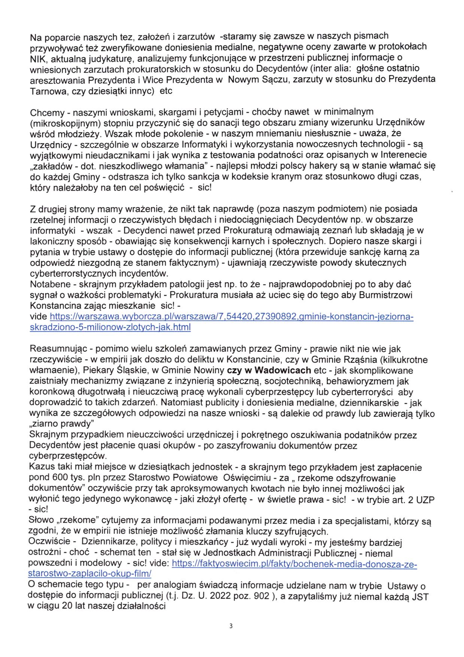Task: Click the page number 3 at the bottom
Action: pos(231,626)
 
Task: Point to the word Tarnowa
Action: pos(45,91)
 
